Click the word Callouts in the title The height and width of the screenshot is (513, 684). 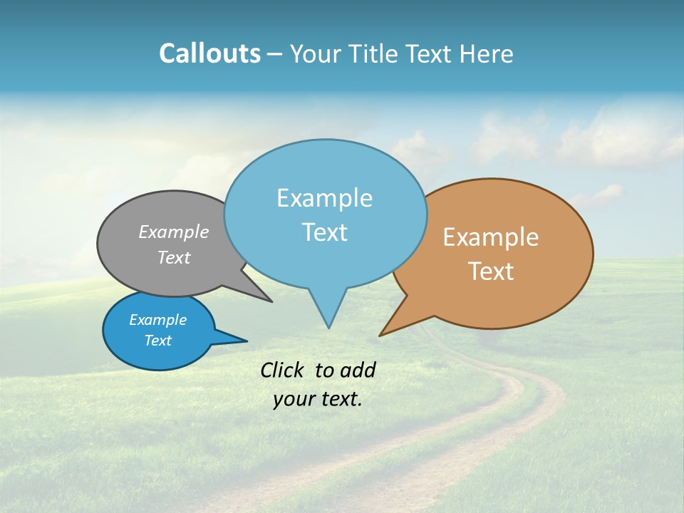point(209,53)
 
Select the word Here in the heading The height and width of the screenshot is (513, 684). point(487,53)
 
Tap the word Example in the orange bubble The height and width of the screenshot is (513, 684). point(491,237)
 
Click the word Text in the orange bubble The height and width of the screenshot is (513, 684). point(491,271)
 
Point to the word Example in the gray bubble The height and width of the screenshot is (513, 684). point(174,232)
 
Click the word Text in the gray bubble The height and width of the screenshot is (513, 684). point(174,257)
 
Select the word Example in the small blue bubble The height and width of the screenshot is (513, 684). point(157,320)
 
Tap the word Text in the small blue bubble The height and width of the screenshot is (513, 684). point(157,341)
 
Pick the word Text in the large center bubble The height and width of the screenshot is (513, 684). point(324,232)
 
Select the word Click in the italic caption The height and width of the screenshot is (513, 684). point(281,370)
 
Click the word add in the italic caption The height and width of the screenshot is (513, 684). point(357,370)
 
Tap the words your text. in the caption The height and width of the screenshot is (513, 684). point(317,399)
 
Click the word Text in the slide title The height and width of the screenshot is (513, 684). point(430,53)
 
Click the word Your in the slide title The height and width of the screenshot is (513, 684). point(314,53)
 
